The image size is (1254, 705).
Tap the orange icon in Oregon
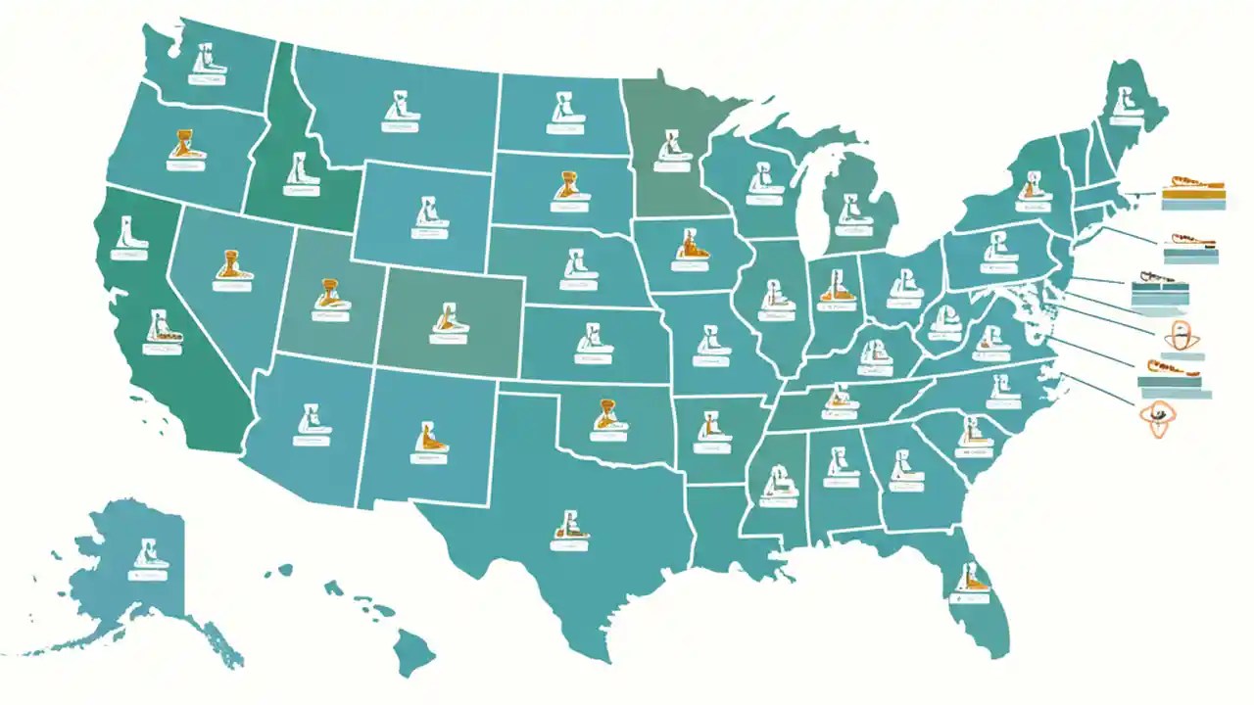[x=183, y=146]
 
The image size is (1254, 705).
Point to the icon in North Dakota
[x=564, y=107]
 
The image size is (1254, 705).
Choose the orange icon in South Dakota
[x=567, y=188]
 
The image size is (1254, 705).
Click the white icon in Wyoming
[x=427, y=211]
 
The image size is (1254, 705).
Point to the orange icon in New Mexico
[x=428, y=438]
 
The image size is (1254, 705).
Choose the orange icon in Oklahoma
[x=607, y=415]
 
